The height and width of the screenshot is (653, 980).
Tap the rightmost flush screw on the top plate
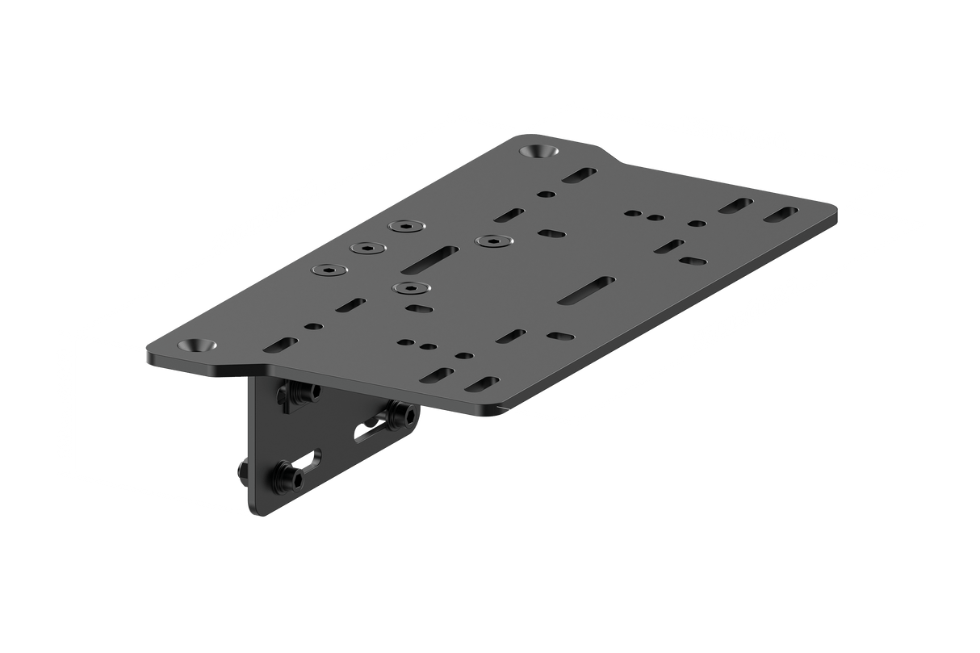click(x=490, y=241)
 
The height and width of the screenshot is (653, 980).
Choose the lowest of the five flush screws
click(x=409, y=287)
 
